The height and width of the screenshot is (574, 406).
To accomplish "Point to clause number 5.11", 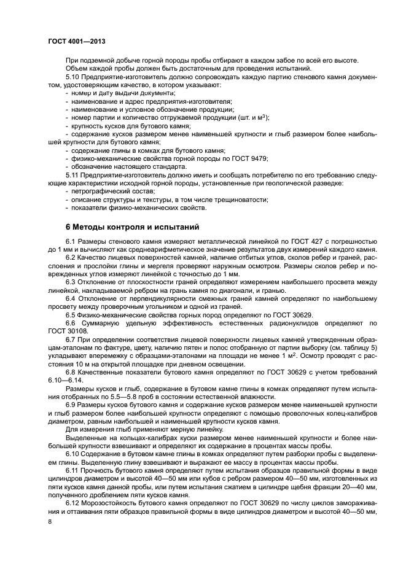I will [x=73, y=174].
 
